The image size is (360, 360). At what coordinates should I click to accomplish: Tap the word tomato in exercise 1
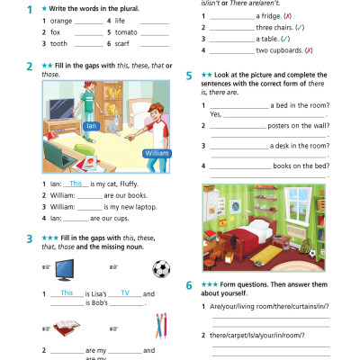click(126, 31)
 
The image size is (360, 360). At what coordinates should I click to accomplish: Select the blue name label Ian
click(90, 125)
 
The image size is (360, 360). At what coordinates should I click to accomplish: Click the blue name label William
click(156, 153)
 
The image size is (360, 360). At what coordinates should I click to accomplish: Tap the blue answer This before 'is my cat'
click(76, 183)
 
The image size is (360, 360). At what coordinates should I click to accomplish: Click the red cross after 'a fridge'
click(287, 16)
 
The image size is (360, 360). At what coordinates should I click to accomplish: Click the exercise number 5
click(189, 76)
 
